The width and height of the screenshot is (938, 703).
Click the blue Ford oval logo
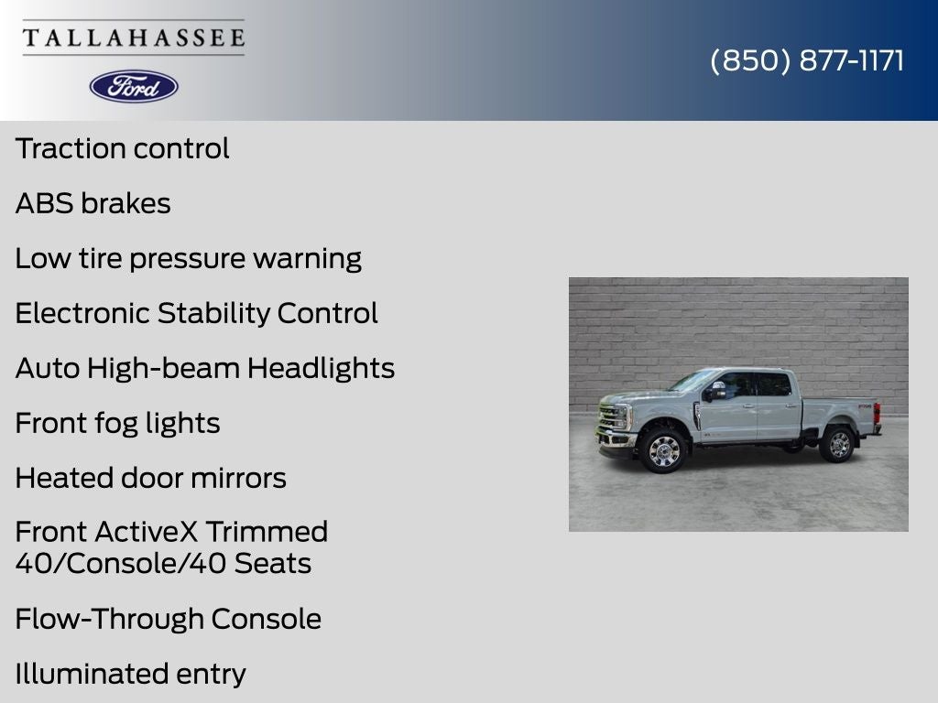[x=134, y=87]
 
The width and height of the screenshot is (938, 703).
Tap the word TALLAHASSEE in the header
[x=134, y=38]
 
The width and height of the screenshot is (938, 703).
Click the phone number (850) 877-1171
[x=807, y=60]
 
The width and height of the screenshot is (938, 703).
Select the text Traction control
[x=122, y=148]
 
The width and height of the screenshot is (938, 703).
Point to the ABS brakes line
[x=93, y=203]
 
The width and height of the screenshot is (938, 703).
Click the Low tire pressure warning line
[x=189, y=259]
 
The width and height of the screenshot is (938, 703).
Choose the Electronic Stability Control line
[x=196, y=313]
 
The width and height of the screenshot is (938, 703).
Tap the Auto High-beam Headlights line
[x=204, y=368]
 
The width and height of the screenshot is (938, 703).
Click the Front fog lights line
[x=117, y=424]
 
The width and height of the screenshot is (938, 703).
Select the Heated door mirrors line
[x=151, y=478]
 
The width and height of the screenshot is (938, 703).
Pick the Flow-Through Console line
[x=169, y=619]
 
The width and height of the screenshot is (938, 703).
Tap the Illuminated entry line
[x=130, y=674]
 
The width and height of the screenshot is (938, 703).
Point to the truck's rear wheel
[x=839, y=444]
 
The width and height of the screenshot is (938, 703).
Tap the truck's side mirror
[x=716, y=391]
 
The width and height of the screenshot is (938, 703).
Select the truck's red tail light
[x=877, y=414]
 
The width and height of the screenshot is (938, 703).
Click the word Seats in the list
[x=273, y=564]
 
